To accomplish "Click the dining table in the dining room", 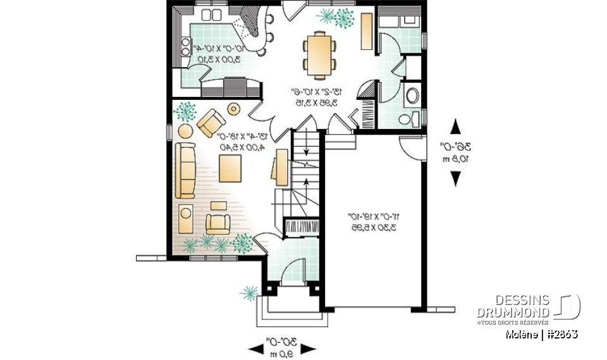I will click(316, 52).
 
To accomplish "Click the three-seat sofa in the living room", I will click(185, 169).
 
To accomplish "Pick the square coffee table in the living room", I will click(230, 168).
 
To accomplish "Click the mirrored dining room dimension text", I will click(314, 97).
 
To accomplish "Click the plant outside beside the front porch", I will click(248, 293).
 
